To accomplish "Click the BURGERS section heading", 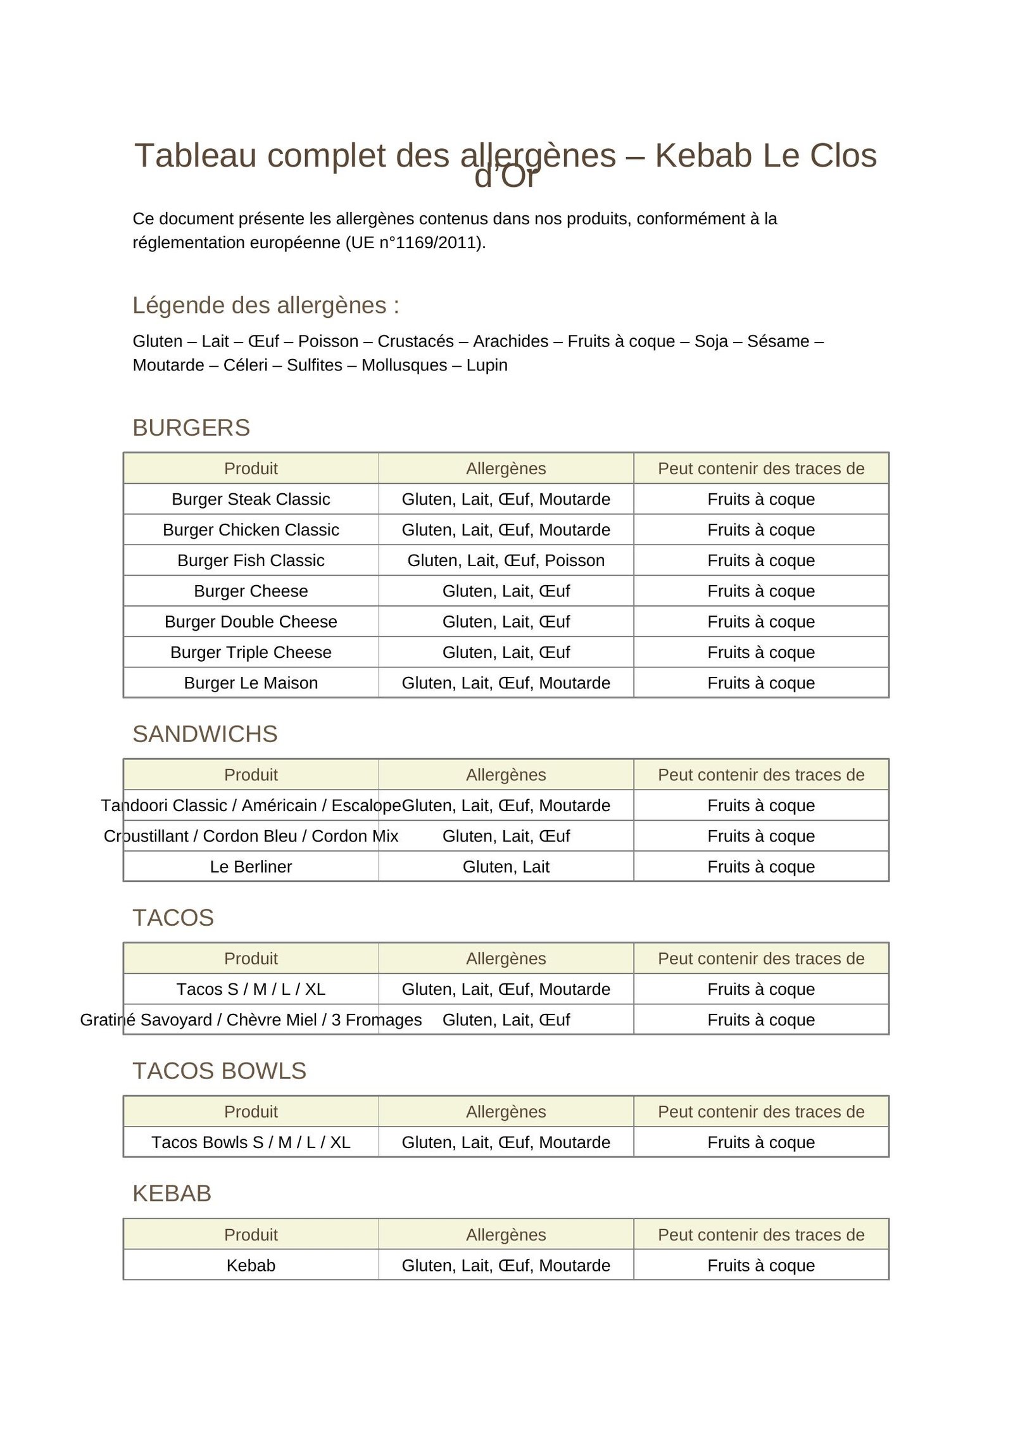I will tap(191, 427).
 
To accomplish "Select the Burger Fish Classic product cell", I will tap(251, 560).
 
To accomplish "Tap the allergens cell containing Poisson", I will tap(505, 560).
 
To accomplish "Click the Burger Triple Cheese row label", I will tap(251, 652).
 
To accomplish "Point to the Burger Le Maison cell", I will tap(251, 683).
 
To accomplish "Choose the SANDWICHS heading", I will tap(204, 734).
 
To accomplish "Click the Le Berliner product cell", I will tap(251, 866).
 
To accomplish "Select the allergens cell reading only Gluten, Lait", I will tap(505, 866).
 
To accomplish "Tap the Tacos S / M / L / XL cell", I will tap(251, 989).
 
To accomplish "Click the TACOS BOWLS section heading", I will tap(219, 1071).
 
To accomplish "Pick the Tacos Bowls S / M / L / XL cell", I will tap(251, 1142).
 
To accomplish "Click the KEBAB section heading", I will tap(172, 1194).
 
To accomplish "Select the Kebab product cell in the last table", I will tap(251, 1265).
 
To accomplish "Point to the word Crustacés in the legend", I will tap(415, 341).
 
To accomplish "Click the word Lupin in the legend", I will tap(486, 365).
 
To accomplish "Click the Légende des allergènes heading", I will tap(265, 305).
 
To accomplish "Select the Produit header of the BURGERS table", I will tap(251, 469).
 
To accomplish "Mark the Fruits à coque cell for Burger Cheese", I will tap(760, 591).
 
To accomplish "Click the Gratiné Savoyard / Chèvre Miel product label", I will tap(251, 1020).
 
